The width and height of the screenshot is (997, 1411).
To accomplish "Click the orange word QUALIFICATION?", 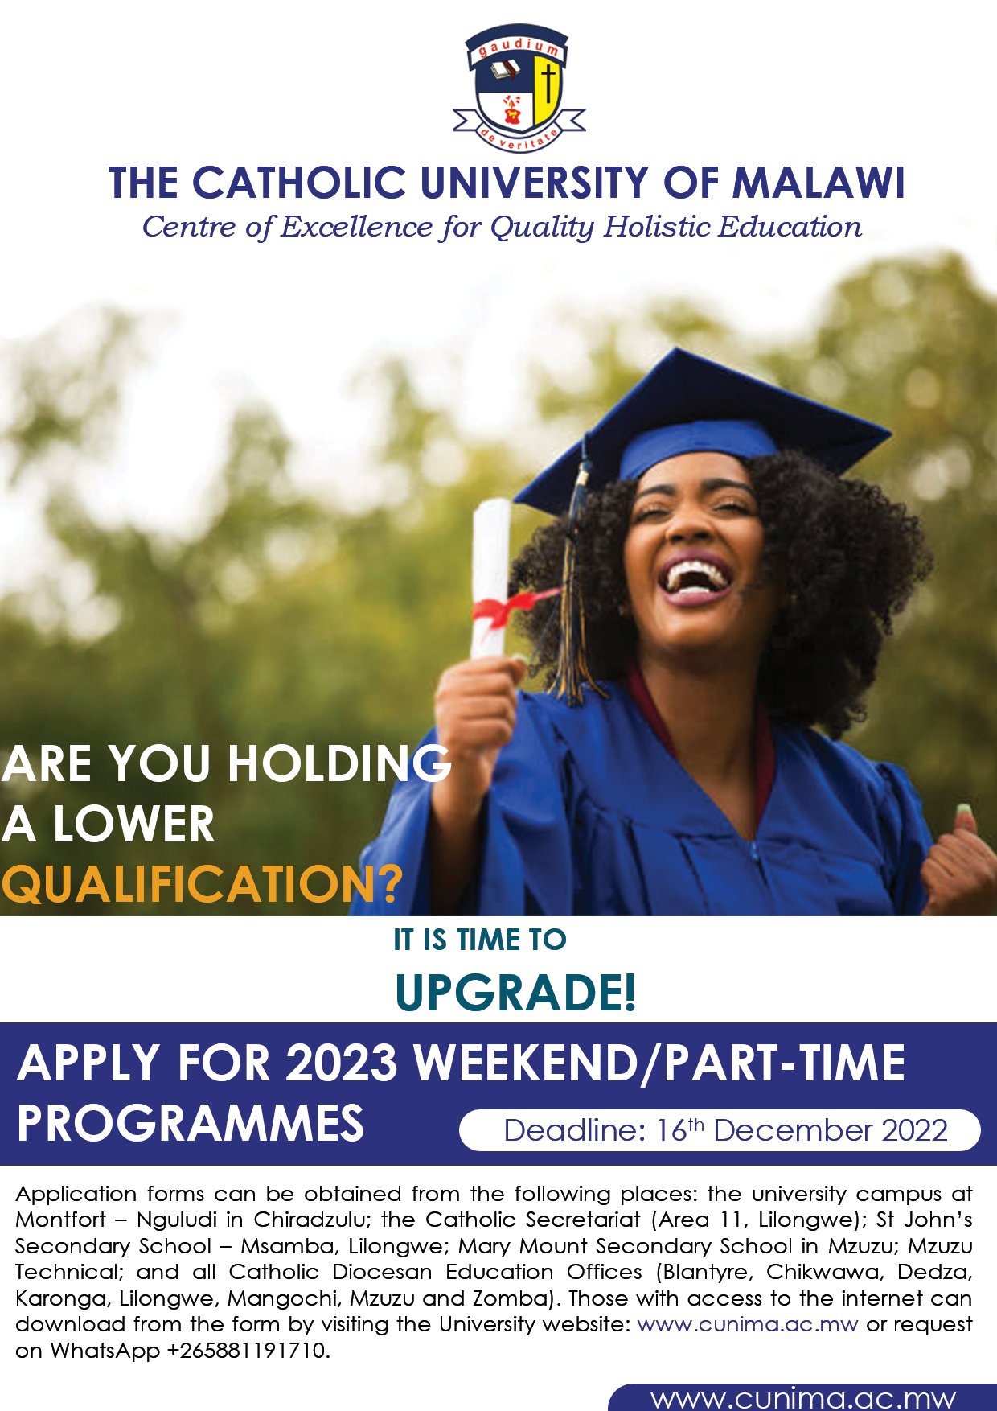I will point(201,885).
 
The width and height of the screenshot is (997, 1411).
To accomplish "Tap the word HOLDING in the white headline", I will point(339,764).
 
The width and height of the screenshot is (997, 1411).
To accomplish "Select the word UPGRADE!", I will point(515,993).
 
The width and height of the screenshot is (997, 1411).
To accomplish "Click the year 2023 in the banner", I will point(341,1063).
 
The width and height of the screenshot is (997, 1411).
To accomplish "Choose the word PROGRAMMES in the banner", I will point(191,1124).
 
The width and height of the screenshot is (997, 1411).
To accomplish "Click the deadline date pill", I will point(720,1130).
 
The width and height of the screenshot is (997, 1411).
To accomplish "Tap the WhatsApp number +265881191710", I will point(248,1351).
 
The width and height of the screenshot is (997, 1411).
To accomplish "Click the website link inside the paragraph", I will point(747,1324).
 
